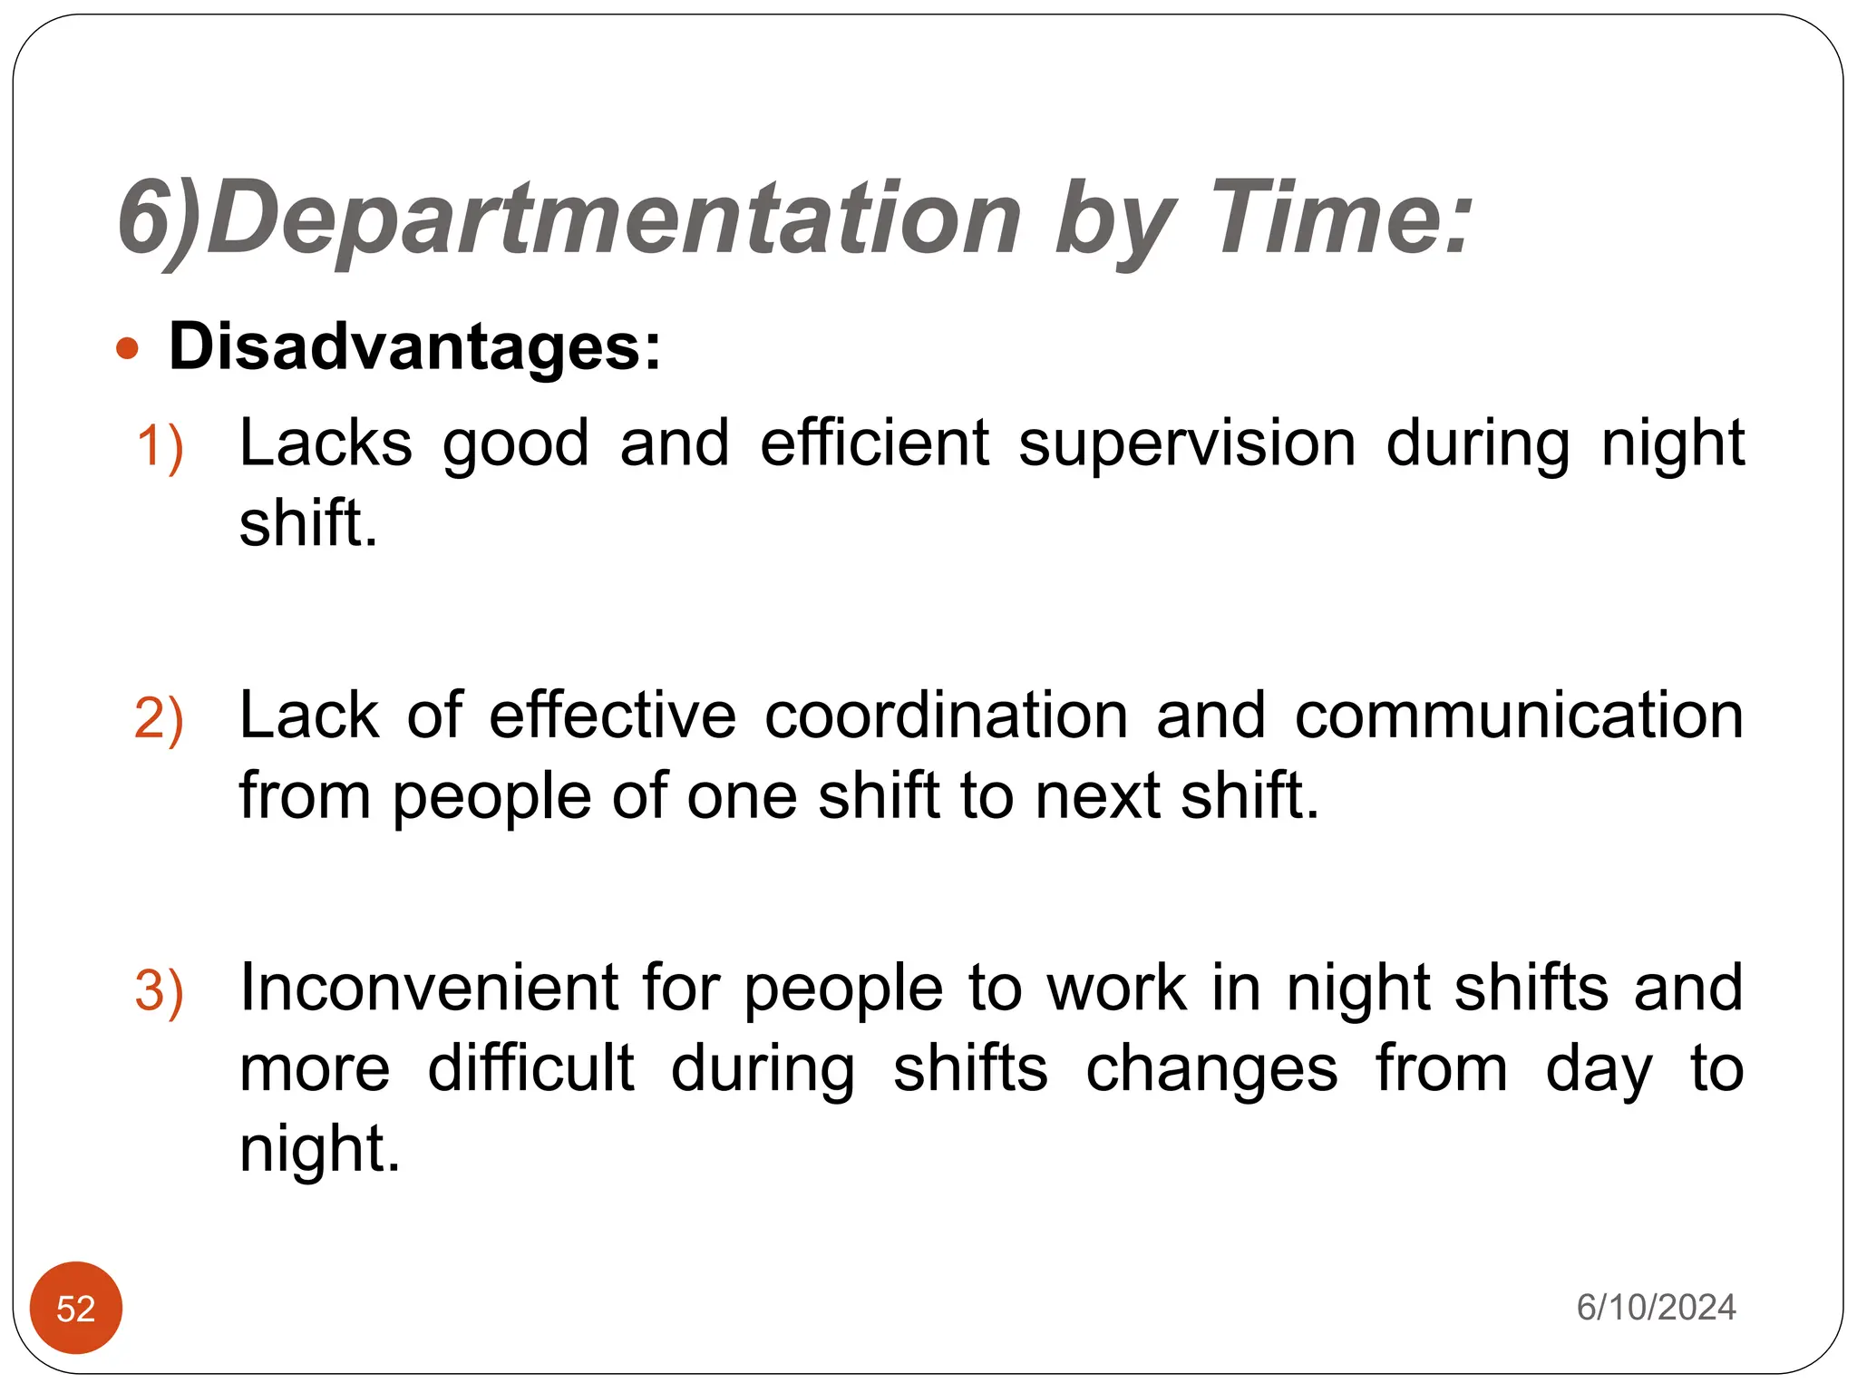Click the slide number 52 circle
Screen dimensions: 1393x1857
click(x=76, y=1308)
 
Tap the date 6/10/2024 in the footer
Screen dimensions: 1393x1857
click(x=1656, y=1307)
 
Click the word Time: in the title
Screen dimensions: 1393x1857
click(x=1341, y=218)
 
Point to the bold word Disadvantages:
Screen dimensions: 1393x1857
click(x=415, y=346)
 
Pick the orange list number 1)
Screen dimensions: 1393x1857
click(x=160, y=447)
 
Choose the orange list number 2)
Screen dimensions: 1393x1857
click(x=160, y=719)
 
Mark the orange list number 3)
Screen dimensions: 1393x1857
click(x=160, y=990)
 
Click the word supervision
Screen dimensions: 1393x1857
click(x=1187, y=443)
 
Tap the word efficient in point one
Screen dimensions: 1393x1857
click(x=874, y=443)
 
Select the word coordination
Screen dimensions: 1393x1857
click(x=946, y=716)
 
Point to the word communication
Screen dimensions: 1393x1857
click(x=1519, y=716)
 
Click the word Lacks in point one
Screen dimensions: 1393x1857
click(x=326, y=443)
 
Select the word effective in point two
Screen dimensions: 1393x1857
click(x=613, y=716)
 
